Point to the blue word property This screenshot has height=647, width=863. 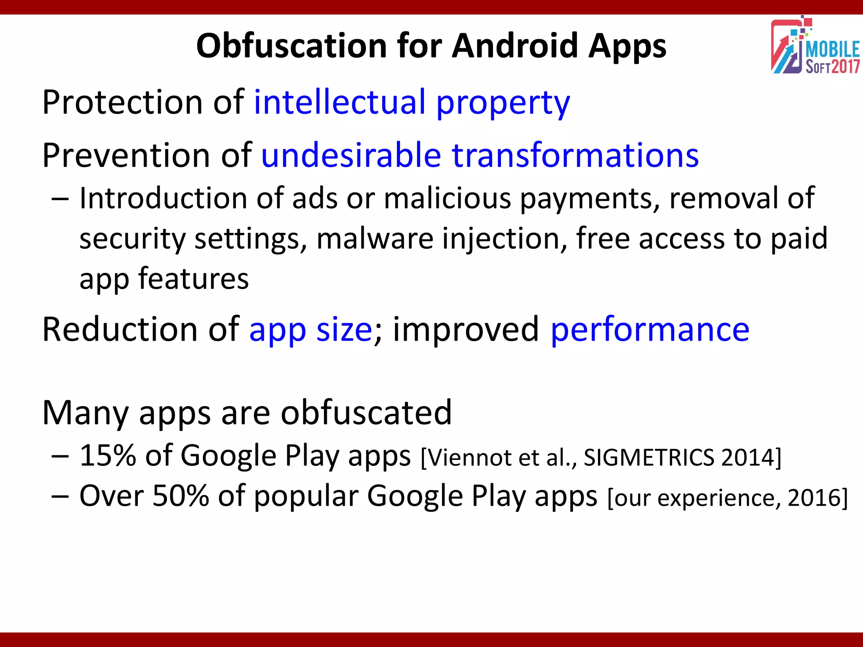tap(503, 104)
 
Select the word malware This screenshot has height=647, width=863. tap(375, 238)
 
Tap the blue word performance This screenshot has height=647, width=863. tap(650, 329)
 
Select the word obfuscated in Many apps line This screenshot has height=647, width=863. tap(366, 413)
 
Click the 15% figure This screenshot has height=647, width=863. tap(108, 456)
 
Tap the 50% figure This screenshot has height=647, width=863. tap(180, 496)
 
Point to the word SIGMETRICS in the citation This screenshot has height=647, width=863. tap(649, 457)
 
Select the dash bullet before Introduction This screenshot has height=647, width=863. tap(60, 199)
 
